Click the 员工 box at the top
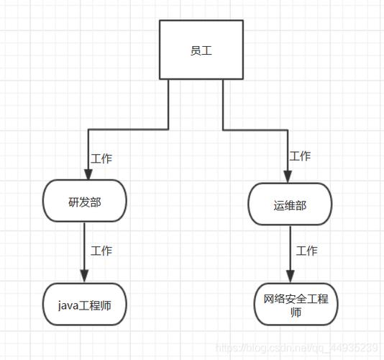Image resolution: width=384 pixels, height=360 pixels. click(196, 50)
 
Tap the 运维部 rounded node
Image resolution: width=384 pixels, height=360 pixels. click(290, 204)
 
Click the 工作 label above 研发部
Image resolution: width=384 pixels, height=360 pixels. click(101, 158)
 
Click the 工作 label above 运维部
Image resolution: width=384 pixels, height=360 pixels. click(300, 156)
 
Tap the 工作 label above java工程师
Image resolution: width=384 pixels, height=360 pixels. click(101, 251)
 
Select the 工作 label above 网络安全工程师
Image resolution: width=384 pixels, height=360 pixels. click(306, 251)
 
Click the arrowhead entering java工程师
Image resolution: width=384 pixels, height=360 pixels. click(85, 279)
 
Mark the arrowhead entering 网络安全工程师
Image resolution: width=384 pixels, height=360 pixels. click(291, 277)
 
